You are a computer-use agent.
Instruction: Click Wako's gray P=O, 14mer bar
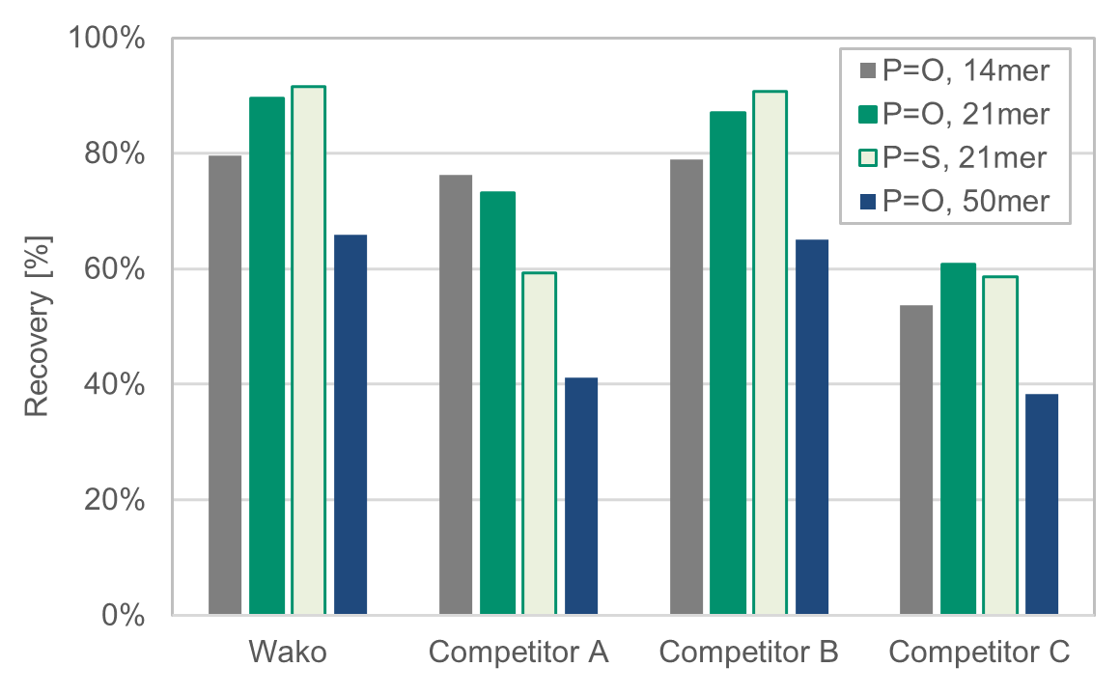click(225, 385)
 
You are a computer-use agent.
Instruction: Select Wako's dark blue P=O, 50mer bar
click(350, 425)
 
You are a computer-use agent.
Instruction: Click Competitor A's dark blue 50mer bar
click(581, 496)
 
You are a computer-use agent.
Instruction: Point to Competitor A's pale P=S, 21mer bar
click(539, 444)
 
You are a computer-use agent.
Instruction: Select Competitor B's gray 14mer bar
click(686, 387)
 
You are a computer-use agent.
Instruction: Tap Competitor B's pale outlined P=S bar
click(770, 352)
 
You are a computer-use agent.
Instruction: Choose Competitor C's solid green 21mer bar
click(958, 439)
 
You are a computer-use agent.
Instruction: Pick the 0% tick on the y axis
click(126, 616)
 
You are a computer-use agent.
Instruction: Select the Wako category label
click(288, 653)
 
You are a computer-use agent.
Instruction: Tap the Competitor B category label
click(748, 653)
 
